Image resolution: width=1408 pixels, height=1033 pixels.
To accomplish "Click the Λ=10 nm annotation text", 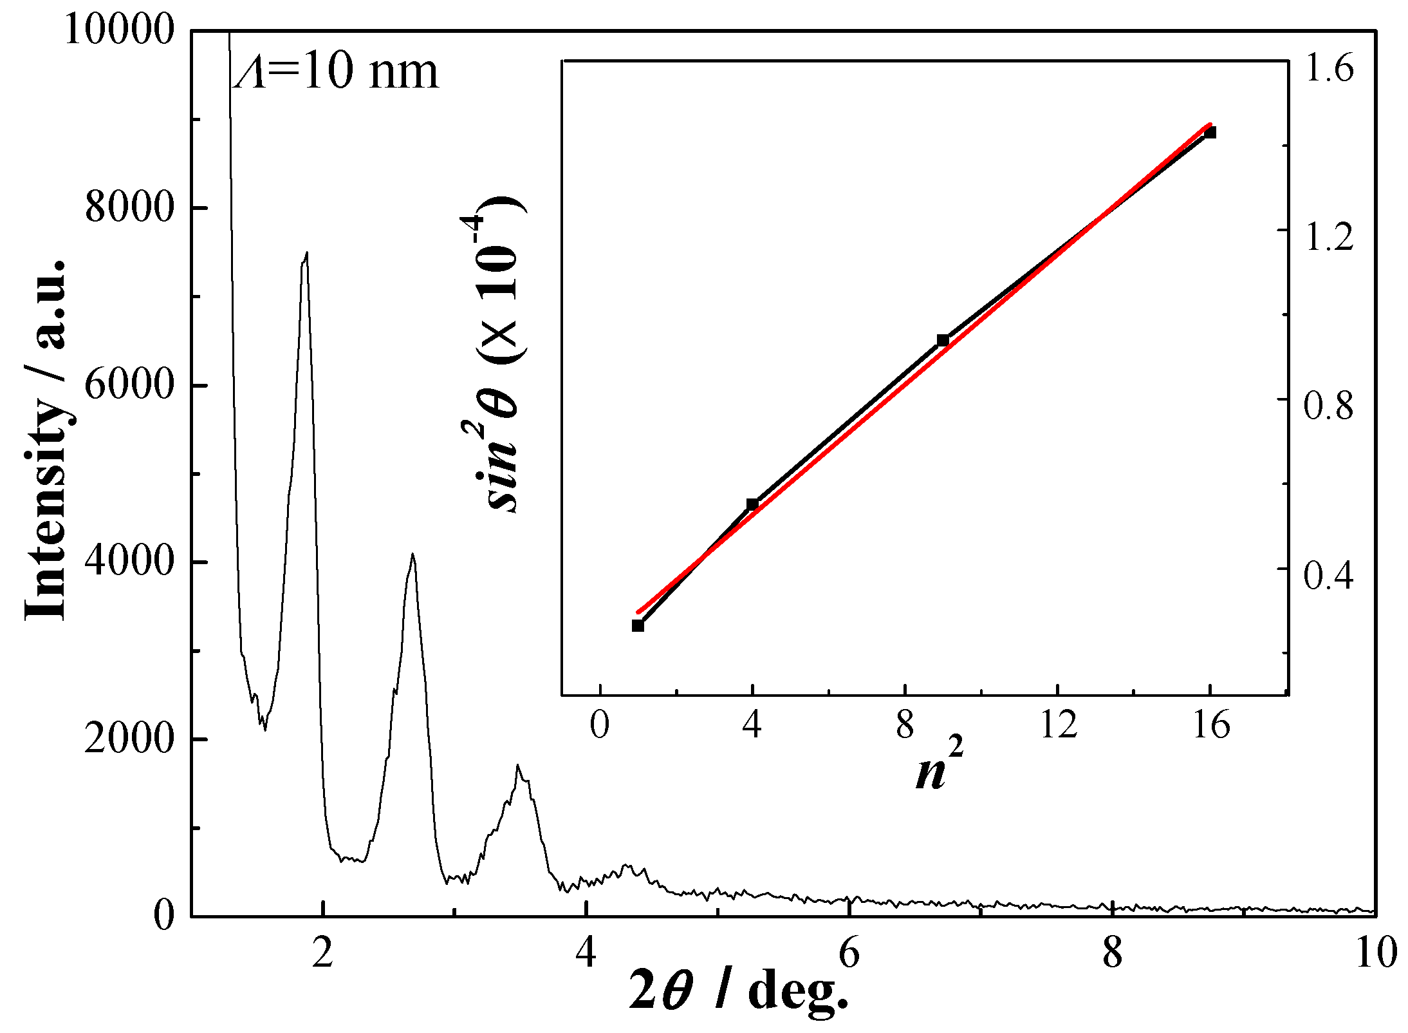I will coord(336,71).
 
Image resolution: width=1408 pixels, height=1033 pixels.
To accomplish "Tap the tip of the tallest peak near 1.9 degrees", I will coord(306,254).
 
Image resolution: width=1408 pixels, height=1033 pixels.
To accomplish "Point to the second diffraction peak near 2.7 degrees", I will coord(412,555).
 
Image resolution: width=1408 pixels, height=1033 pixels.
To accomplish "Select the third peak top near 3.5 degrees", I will coord(517,766).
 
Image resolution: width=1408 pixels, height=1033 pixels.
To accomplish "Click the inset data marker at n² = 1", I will coord(638,625).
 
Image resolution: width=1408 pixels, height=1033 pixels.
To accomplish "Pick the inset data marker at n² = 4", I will coord(752,504).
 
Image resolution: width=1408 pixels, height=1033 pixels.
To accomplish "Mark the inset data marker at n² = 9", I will coord(943,340).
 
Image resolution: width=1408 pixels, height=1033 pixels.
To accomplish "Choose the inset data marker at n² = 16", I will coord(1210,133).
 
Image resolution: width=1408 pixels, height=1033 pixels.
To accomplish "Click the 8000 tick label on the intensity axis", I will coord(129,208).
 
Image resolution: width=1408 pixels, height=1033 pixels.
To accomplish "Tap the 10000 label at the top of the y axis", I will coord(120,30).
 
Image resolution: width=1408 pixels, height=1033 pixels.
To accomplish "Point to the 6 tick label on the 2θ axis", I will coord(849,953).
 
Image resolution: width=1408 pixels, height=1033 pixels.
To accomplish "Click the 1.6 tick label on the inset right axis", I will coord(1329,68).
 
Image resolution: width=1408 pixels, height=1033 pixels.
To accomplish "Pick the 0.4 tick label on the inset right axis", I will coord(1328,575).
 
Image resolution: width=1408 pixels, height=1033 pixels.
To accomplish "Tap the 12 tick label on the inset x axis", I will coord(1058,726).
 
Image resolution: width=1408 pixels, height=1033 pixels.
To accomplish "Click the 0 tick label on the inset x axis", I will coord(599,726).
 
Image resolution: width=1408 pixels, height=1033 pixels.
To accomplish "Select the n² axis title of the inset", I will coord(939,766).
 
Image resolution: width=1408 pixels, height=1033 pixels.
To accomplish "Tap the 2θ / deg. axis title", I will coord(738,992).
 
